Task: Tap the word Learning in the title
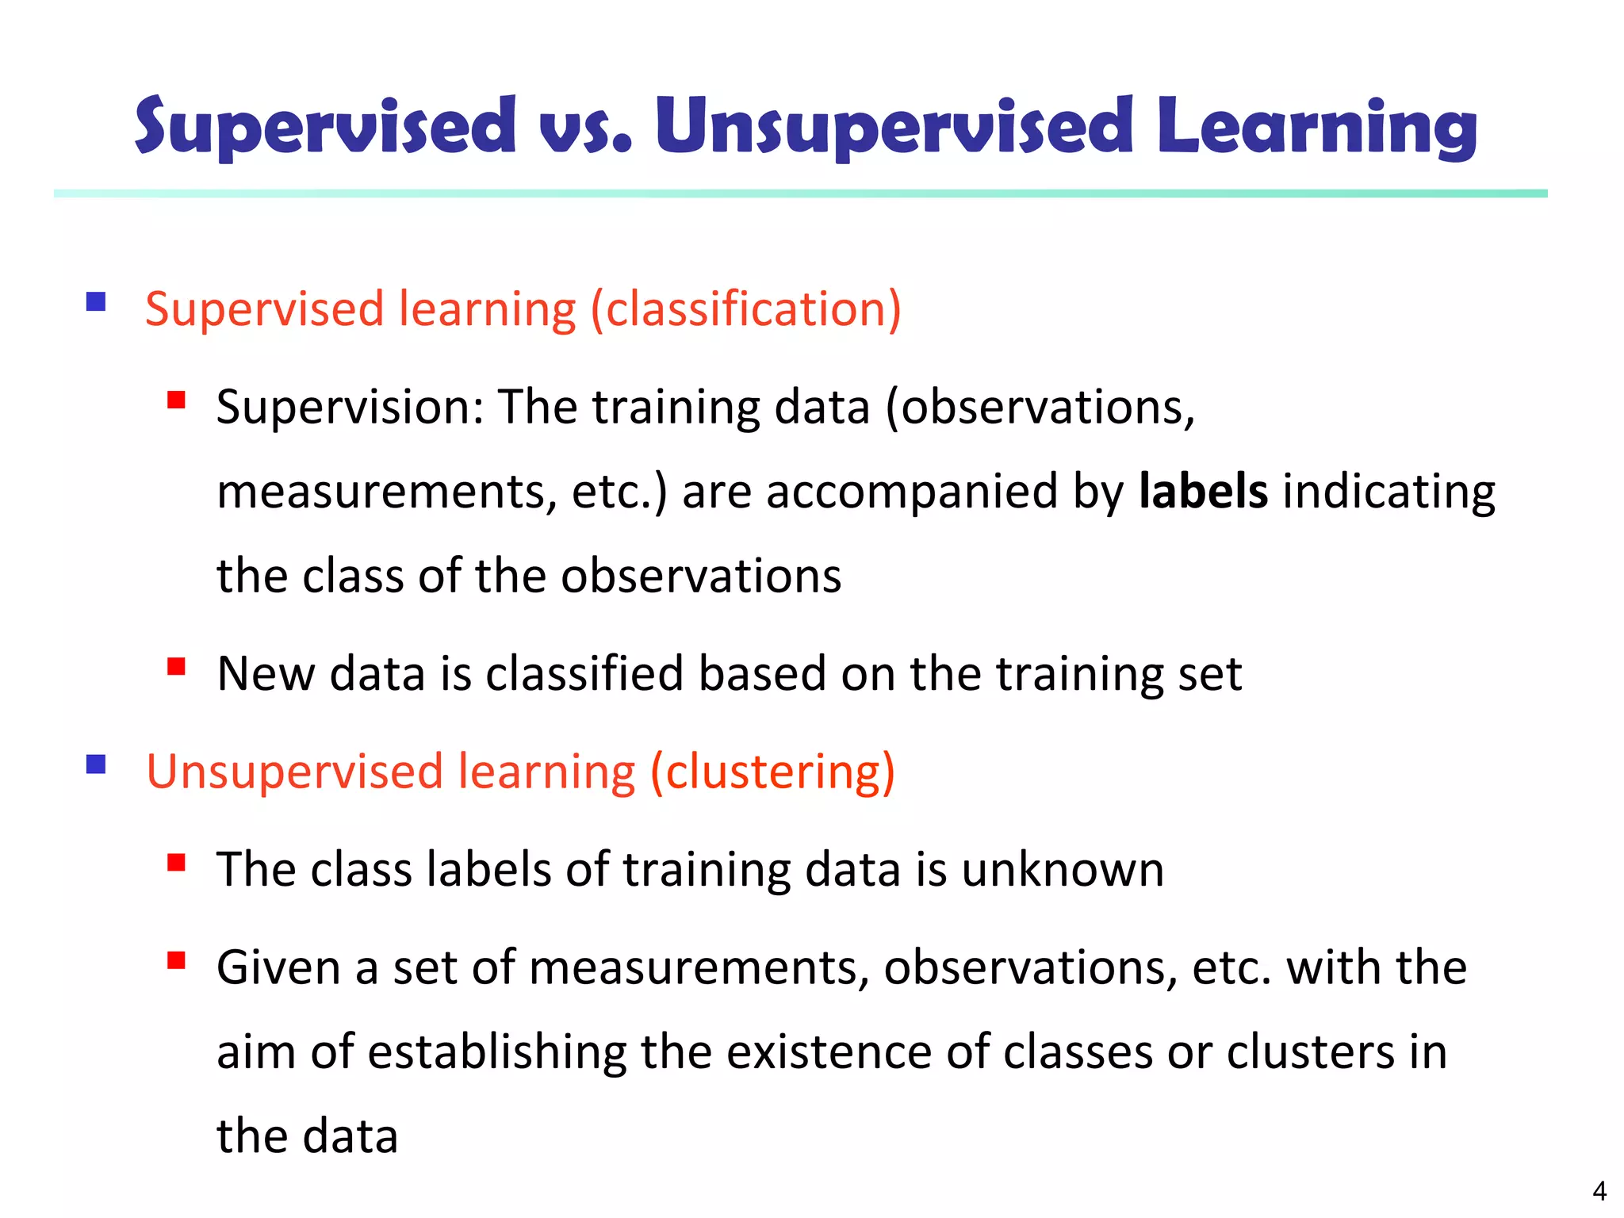1316,127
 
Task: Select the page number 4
1599,1191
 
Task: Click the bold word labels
1203,491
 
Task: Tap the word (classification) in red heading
745,308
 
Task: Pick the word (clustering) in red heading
772,772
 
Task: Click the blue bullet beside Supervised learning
96,302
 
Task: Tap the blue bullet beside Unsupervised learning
96,764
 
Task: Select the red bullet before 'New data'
176,666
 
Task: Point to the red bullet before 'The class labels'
176,862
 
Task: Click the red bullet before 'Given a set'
176,960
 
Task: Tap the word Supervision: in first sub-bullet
350,408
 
